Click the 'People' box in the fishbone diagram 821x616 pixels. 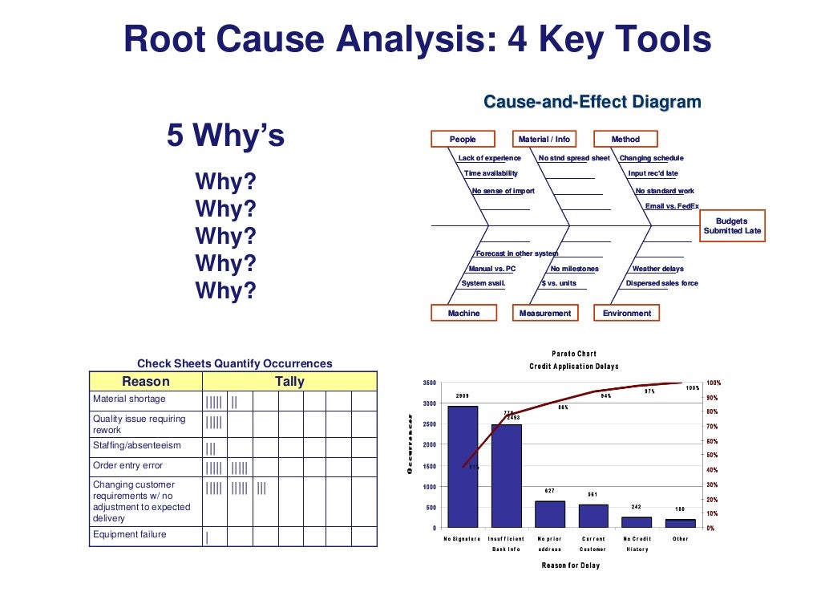(463, 140)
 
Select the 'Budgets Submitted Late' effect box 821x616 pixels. (732, 225)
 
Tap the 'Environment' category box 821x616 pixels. (627, 313)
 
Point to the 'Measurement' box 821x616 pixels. (545, 313)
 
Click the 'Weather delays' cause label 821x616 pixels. (657, 269)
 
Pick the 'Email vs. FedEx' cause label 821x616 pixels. (672, 206)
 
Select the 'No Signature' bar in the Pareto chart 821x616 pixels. (462, 466)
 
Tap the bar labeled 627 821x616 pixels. (550, 514)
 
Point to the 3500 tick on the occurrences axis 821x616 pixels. (429, 383)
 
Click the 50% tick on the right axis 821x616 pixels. (710, 456)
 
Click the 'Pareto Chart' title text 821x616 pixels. (573, 354)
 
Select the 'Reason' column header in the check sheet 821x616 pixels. (145, 382)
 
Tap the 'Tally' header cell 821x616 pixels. (289, 382)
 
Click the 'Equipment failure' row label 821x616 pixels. (130, 534)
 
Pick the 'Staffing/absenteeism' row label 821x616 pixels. (137, 445)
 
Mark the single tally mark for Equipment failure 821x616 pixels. (207, 537)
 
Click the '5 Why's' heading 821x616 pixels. (225, 136)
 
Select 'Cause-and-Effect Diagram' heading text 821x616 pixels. (592, 102)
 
